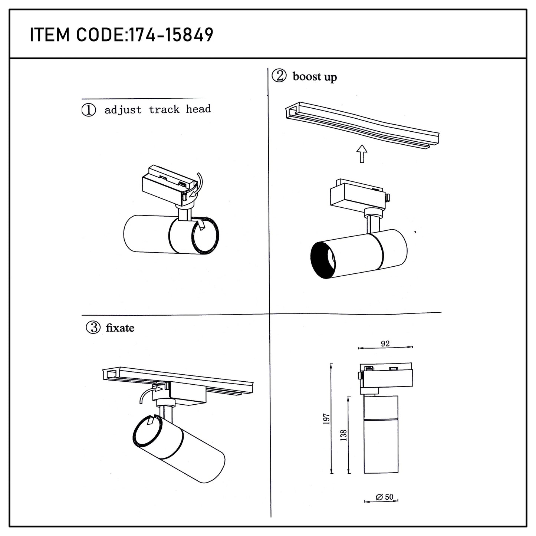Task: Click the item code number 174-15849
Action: (171, 35)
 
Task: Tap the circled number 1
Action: (89, 110)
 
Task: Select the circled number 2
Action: (279, 76)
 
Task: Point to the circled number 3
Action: (93, 328)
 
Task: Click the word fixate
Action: (120, 328)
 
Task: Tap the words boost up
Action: (315, 77)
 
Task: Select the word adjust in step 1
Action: (123, 110)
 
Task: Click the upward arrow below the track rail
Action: (362, 154)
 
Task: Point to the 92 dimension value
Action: (385, 343)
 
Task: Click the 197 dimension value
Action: (326, 419)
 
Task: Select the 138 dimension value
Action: (344, 435)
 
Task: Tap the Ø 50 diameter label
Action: (385, 497)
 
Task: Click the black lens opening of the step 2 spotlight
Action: (323, 260)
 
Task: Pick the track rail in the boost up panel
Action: (362, 125)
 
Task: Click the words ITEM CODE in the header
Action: (77, 35)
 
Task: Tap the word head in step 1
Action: (198, 109)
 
